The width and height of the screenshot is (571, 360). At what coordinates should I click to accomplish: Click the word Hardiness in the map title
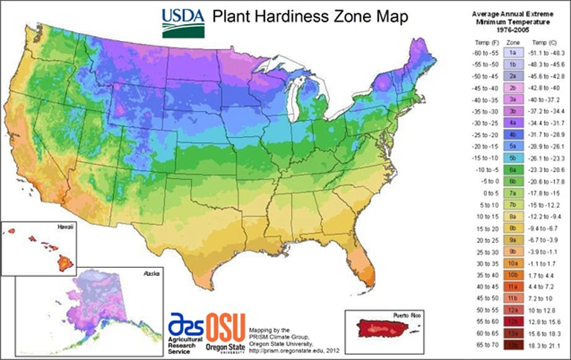tap(274, 16)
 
